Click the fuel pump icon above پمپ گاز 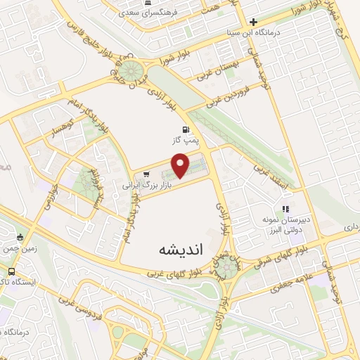coord(186,129)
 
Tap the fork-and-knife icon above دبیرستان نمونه coord(285,209)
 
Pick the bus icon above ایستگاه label coord(11,271)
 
